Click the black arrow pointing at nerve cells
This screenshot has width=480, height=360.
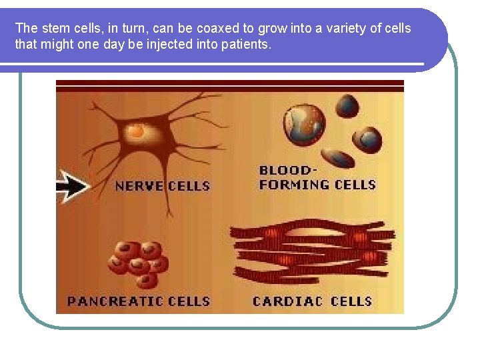point(72,185)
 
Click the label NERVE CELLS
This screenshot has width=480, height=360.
point(163,186)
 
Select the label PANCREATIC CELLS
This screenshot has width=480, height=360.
point(139,301)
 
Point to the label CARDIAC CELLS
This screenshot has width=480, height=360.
point(312,301)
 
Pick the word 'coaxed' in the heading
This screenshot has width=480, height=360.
point(215,28)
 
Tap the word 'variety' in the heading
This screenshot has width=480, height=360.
point(347,28)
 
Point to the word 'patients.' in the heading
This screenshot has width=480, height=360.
point(247,44)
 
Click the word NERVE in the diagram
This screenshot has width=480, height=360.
point(139,186)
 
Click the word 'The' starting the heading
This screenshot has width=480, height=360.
point(26,28)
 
